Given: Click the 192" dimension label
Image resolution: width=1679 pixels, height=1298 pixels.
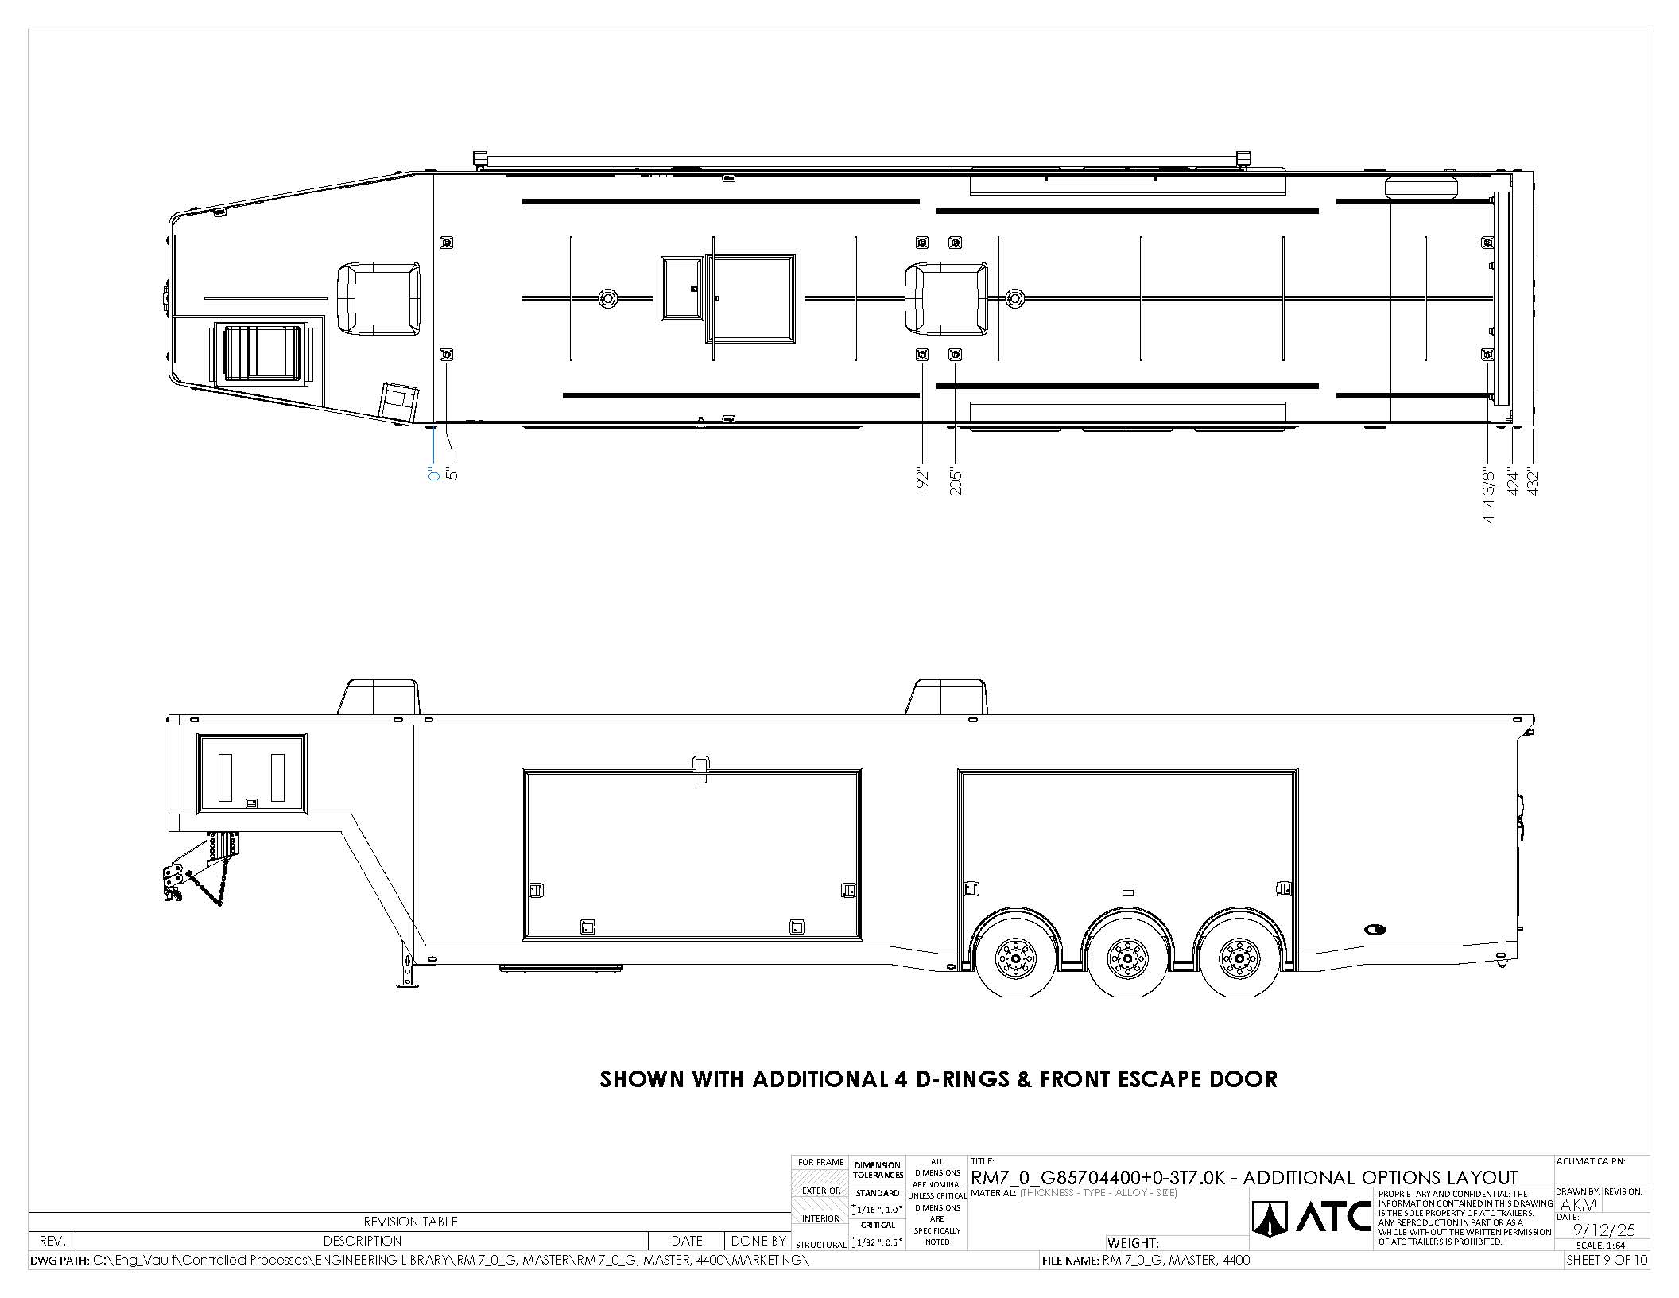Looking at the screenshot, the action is (x=922, y=481).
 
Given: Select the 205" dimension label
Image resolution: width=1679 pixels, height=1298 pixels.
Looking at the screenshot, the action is (x=956, y=481).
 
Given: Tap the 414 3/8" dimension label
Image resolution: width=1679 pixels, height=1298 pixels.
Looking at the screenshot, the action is (x=1489, y=496).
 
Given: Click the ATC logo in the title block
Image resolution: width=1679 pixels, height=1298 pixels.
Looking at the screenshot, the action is (x=1312, y=1218).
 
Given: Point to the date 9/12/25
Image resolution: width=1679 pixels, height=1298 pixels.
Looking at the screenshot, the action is (x=1604, y=1230).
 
